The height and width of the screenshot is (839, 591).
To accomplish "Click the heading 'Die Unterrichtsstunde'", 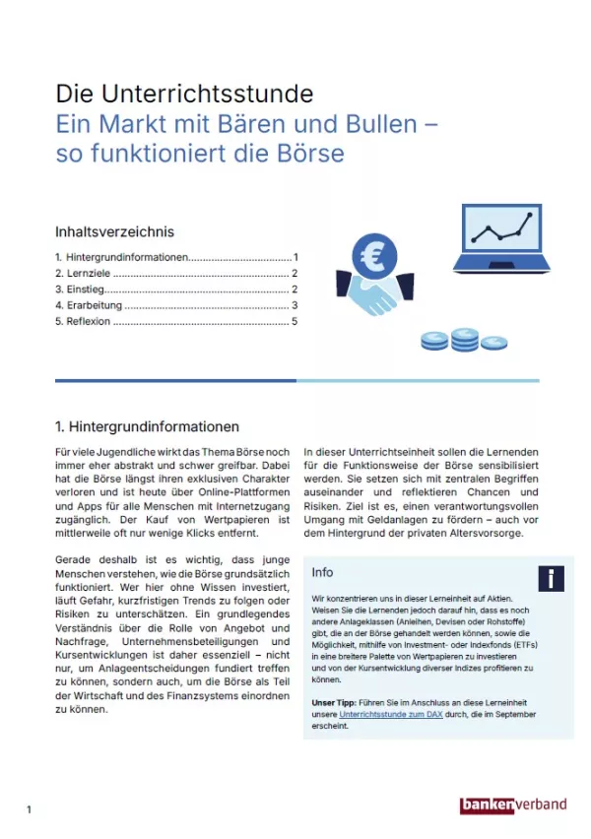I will pos(184,95).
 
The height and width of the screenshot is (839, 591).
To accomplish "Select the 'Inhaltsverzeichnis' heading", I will pos(114,232).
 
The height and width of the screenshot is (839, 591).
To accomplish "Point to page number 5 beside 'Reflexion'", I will pos(295,322).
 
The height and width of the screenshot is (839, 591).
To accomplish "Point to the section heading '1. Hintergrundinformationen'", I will pos(147,427).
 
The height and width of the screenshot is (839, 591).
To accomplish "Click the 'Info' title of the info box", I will pos(322,572).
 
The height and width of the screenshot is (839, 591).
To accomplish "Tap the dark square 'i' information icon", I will pos(551,578).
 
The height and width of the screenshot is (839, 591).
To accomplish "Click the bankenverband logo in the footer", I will pos(513,805).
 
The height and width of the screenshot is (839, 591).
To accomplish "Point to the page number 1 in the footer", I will pos(30,809).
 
